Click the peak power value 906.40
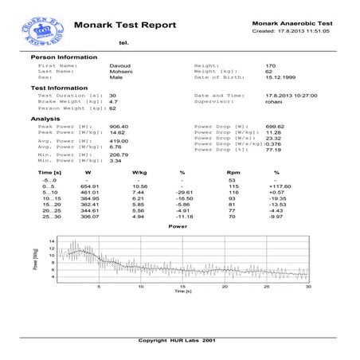click(119, 126)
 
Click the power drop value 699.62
click(274, 126)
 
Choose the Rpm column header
click(233, 172)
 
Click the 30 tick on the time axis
click(307, 287)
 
